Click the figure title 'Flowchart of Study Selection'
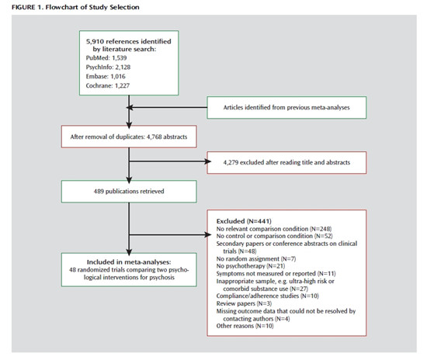(92, 7)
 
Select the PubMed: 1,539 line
(106, 58)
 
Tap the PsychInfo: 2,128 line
(108, 67)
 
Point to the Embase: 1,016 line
(106, 77)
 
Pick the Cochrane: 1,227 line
(108, 85)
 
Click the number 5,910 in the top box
(95, 42)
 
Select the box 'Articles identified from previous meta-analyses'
(286, 108)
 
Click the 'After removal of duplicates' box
(129, 137)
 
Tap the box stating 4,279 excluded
(286, 163)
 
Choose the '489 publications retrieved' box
(129, 192)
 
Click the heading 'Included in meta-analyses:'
(129, 262)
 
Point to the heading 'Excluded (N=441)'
(244, 221)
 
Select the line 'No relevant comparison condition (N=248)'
(274, 229)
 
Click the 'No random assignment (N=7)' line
(256, 259)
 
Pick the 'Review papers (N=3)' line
(244, 303)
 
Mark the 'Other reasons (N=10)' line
(245, 326)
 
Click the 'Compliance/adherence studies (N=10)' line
(267, 296)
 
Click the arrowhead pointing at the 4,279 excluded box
(208, 161)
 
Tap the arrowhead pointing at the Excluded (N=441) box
(208, 234)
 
